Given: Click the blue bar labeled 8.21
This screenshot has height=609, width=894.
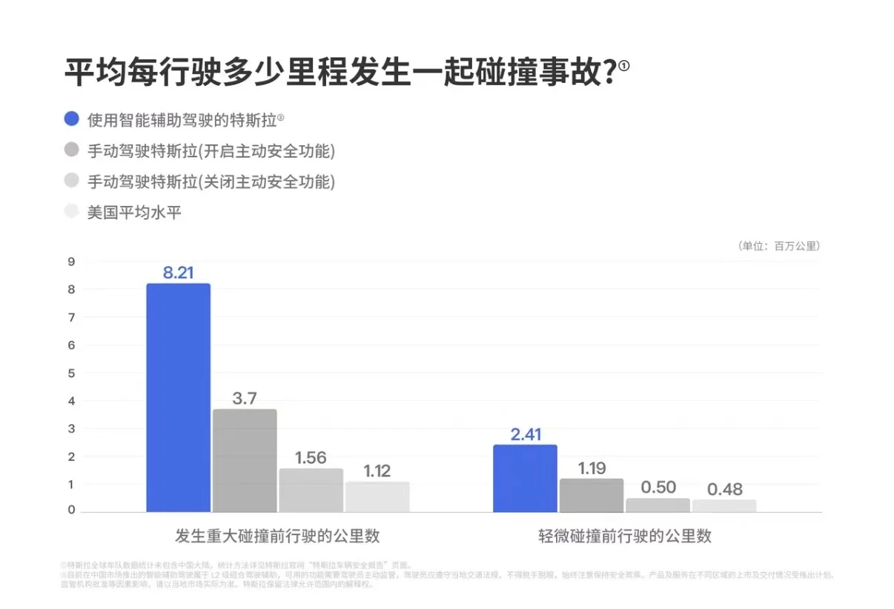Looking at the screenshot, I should (178, 398).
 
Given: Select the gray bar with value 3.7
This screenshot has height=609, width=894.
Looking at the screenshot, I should (245, 460).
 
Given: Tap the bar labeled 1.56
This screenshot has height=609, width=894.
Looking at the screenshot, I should (311, 490).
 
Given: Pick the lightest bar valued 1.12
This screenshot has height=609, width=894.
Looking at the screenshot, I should (377, 496).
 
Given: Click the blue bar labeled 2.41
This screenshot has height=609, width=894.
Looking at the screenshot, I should (525, 478).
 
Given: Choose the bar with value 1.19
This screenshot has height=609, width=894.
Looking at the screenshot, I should (592, 495).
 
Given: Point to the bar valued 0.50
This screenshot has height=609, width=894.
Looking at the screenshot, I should (658, 505).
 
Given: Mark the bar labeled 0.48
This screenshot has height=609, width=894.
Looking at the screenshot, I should (724, 505).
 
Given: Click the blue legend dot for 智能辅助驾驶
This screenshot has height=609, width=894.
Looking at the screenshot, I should (72, 119).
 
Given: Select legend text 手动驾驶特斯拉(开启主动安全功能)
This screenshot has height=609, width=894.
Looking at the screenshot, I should (211, 150).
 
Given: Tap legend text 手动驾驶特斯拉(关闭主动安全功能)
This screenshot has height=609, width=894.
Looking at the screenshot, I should (211, 182).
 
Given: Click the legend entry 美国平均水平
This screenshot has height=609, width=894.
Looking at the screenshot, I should (134, 213).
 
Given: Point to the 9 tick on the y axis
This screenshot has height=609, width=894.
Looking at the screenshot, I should (71, 262).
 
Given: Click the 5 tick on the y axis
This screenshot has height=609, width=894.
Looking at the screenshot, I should (71, 373).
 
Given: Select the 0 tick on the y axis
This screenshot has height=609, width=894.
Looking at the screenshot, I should (71, 510).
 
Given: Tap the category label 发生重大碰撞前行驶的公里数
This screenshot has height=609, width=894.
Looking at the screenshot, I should (277, 536).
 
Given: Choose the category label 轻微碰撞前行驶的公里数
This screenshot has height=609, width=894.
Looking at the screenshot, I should (624, 536).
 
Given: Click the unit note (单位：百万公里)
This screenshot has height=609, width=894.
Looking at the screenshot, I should (779, 246).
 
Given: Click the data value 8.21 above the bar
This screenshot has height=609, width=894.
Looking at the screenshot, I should (178, 273).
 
